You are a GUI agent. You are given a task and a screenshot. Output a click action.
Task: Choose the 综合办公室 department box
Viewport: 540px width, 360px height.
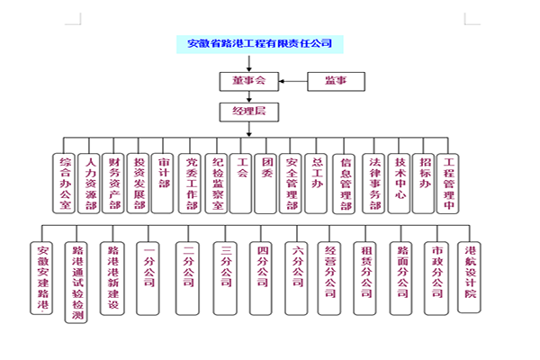pyautogui.click(x=66, y=183)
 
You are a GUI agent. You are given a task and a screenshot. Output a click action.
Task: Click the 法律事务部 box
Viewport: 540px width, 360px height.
pyautogui.click(x=375, y=183)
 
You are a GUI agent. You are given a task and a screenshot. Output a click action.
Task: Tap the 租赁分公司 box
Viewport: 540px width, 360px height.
pyautogui.click(x=365, y=278)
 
